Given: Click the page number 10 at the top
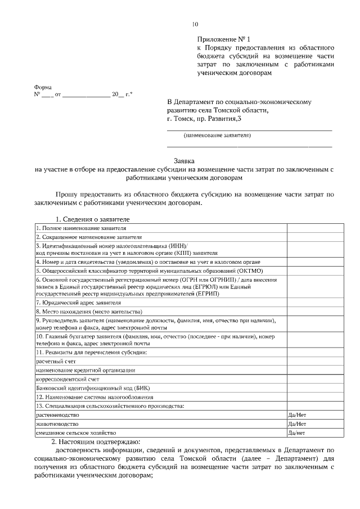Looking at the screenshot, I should click(195, 24).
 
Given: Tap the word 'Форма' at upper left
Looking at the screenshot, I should click(43, 87).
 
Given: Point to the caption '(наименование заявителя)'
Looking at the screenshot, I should click(217, 136).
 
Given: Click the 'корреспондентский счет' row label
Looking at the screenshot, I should click(65, 379).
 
